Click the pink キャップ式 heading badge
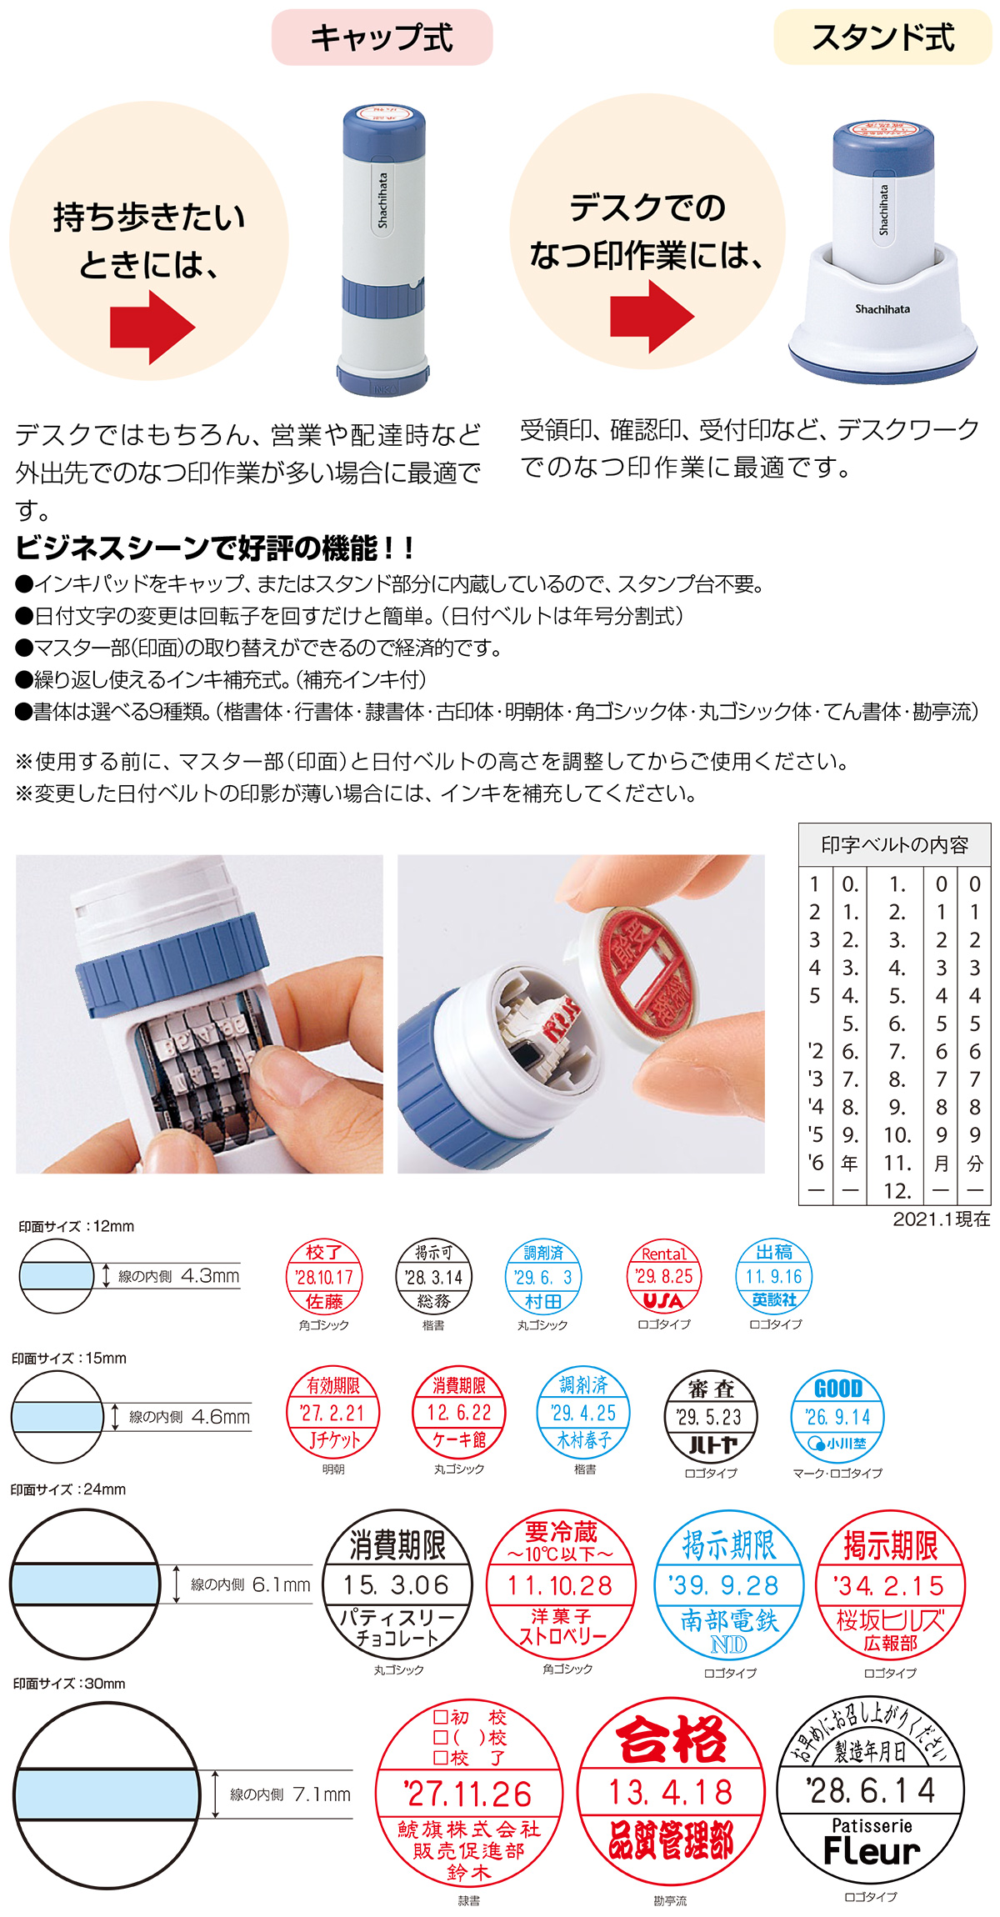[382, 38]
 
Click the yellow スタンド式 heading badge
[882, 38]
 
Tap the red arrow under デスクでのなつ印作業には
[651, 316]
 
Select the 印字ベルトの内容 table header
[894, 845]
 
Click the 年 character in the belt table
[849, 1163]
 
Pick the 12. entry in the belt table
[897, 1190]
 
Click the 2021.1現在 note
[941, 1219]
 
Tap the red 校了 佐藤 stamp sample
[323, 1277]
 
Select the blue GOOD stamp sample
[837, 1416]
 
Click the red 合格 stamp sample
[670, 1791]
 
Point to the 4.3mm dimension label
[210, 1276]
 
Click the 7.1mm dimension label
[322, 1794]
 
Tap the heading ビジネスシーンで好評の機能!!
[214, 548]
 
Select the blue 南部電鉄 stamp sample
[728, 1584]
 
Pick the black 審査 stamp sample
[710, 1416]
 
